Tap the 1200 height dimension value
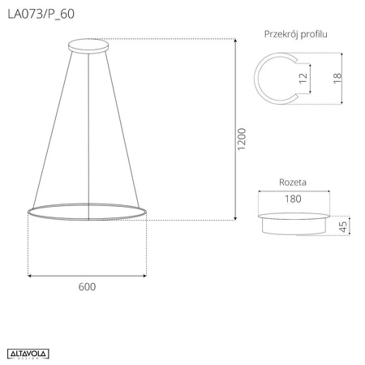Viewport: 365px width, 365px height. pos(241,140)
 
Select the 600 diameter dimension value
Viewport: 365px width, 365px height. pos(88,286)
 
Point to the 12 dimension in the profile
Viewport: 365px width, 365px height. pos(303,79)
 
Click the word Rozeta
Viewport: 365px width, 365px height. pos(292,183)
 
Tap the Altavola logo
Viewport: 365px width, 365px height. pos(30,352)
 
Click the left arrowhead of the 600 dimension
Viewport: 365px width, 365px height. pos(30,275)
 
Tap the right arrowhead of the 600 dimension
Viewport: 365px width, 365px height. pos(145,275)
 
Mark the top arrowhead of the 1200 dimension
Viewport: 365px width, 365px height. pos(235,41)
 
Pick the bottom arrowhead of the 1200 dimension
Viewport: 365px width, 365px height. pos(235,218)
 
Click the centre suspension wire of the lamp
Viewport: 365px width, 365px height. pos(87,122)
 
